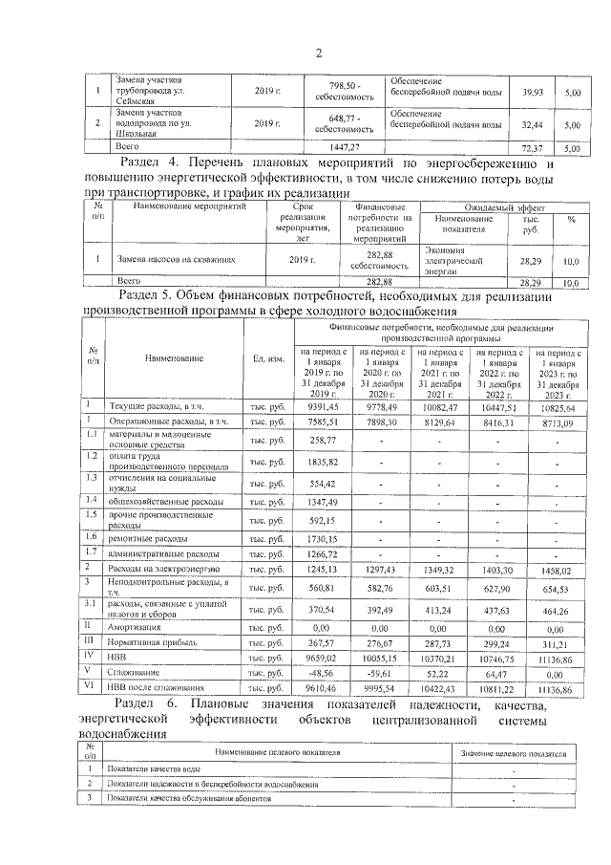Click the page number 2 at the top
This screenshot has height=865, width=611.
tap(317, 53)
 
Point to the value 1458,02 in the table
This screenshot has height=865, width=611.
tap(561, 570)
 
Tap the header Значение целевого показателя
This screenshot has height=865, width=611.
tap(513, 754)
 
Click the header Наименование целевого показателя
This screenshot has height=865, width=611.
tap(277, 754)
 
